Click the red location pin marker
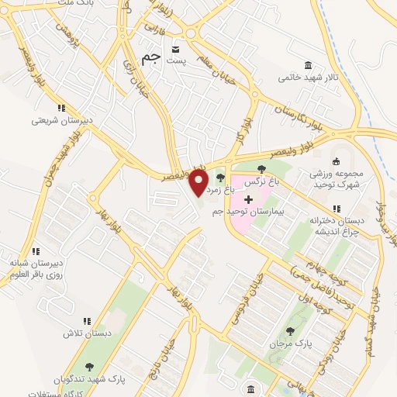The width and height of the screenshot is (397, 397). (x=199, y=182)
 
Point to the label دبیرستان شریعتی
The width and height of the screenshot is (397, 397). (x=61, y=120)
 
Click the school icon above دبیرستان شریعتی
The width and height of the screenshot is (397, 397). (x=61, y=108)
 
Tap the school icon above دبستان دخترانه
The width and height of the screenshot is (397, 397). (x=337, y=209)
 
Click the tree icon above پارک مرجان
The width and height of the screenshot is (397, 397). (x=291, y=331)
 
